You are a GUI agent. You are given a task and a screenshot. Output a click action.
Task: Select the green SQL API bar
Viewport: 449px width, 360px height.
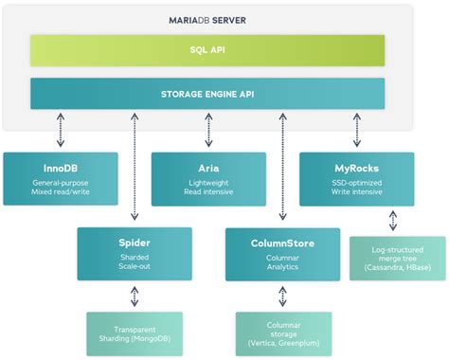207,50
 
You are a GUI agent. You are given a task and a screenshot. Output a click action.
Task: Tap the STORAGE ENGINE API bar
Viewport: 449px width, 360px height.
207,93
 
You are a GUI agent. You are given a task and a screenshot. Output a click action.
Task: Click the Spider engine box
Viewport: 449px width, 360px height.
134,253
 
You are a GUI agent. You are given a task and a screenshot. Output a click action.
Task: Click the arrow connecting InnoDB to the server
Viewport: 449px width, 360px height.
61,127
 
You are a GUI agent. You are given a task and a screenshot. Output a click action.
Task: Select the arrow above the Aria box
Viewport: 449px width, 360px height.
208,127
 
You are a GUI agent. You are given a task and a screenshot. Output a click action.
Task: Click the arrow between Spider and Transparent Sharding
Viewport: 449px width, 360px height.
134,296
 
